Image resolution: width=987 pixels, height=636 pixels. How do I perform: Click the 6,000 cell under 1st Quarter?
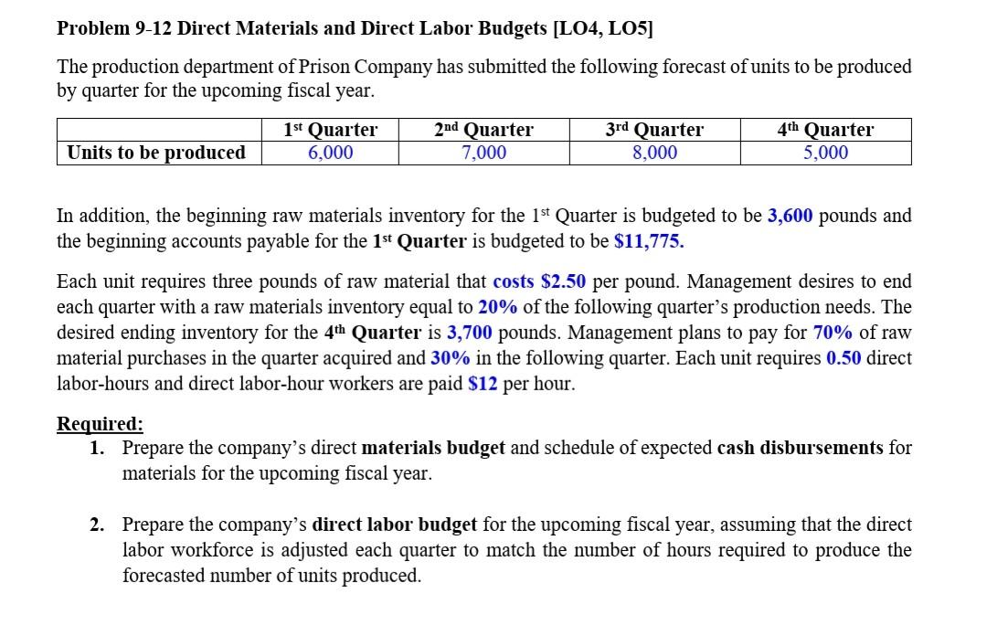tap(330, 153)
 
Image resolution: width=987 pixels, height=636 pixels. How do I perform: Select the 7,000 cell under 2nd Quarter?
tap(483, 153)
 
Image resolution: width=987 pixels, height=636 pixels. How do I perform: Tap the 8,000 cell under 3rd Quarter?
tap(654, 153)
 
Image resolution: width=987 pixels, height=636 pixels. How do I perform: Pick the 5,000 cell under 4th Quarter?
tap(825, 153)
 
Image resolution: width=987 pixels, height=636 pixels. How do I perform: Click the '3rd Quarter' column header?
tap(654, 130)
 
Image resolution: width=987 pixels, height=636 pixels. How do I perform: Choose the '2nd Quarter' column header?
tap(483, 130)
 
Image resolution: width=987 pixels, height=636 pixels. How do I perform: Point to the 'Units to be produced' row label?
tap(156, 153)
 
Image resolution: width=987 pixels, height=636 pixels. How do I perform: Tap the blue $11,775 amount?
tap(649, 241)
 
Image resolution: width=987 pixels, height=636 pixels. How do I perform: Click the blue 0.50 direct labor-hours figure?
tap(844, 358)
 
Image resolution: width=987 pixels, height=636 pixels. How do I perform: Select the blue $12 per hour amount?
tap(483, 384)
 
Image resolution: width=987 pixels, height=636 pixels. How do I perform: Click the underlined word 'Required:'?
tap(100, 424)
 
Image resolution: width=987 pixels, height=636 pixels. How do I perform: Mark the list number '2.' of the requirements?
tap(97, 525)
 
